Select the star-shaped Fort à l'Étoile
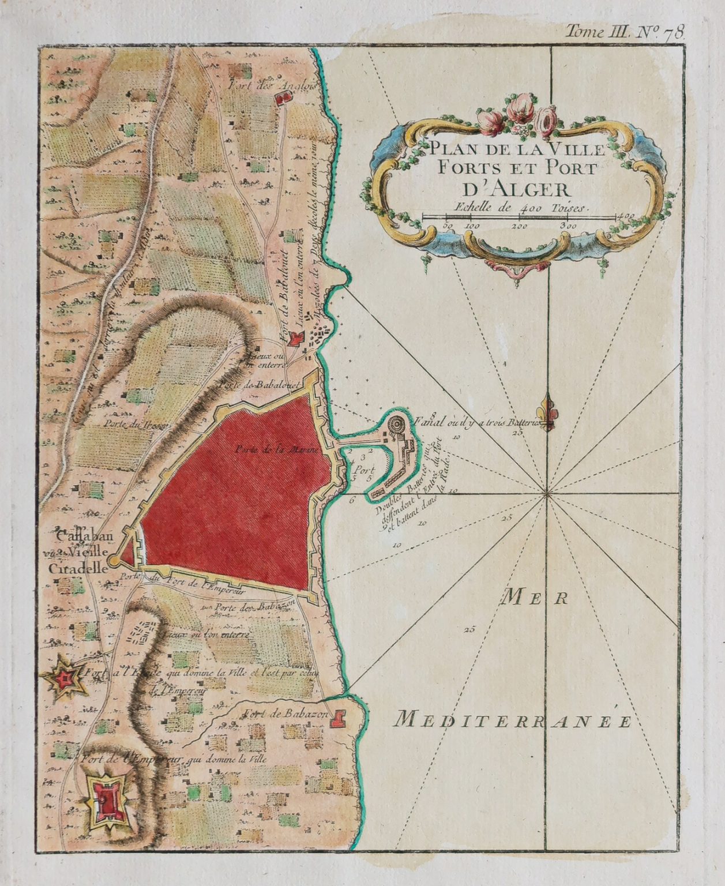tap(66, 679)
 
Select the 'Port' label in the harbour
tap(363, 469)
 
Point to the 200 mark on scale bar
tap(520, 226)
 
